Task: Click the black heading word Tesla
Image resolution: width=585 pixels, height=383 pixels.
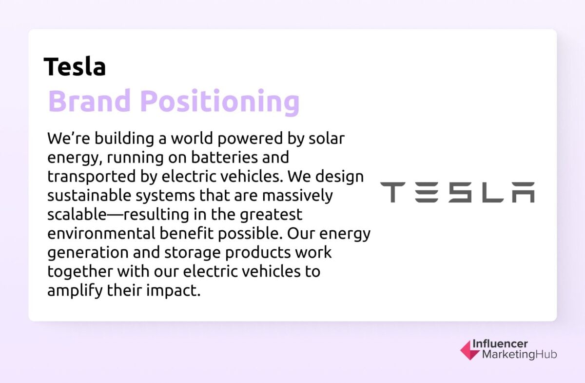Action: click(75, 67)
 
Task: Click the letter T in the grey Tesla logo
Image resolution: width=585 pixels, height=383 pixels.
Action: click(391, 192)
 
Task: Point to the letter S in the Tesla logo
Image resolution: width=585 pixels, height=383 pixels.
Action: click(460, 192)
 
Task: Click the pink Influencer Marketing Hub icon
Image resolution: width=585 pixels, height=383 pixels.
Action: click(469, 350)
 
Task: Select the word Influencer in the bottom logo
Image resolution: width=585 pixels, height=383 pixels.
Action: click(500, 344)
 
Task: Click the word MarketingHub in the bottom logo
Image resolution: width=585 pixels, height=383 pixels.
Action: click(519, 355)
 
